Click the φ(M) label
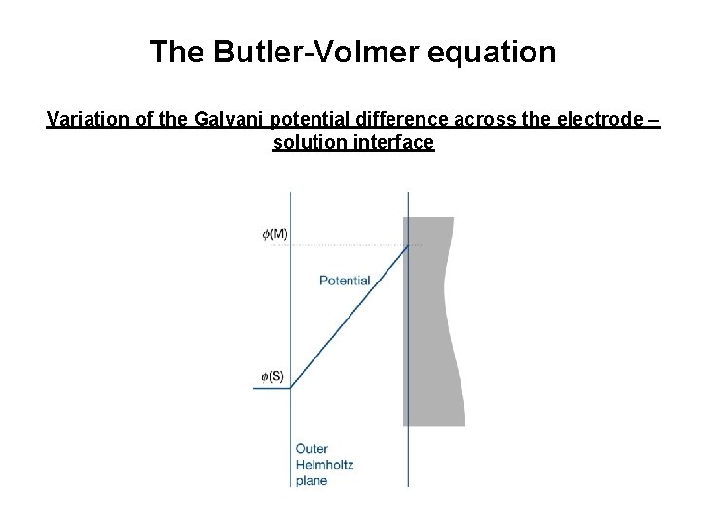pyautogui.click(x=275, y=234)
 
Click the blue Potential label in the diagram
pyautogui.click(x=345, y=281)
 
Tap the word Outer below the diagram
pyautogui.click(x=312, y=449)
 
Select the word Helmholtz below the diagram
pyautogui.click(x=324, y=465)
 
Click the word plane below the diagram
pyautogui.click(x=312, y=480)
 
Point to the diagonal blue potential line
pyautogui.click(x=350, y=317)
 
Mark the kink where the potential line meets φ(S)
pyautogui.click(x=291, y=388)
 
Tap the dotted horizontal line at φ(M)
pyautogui.click(x=341, y=245)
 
